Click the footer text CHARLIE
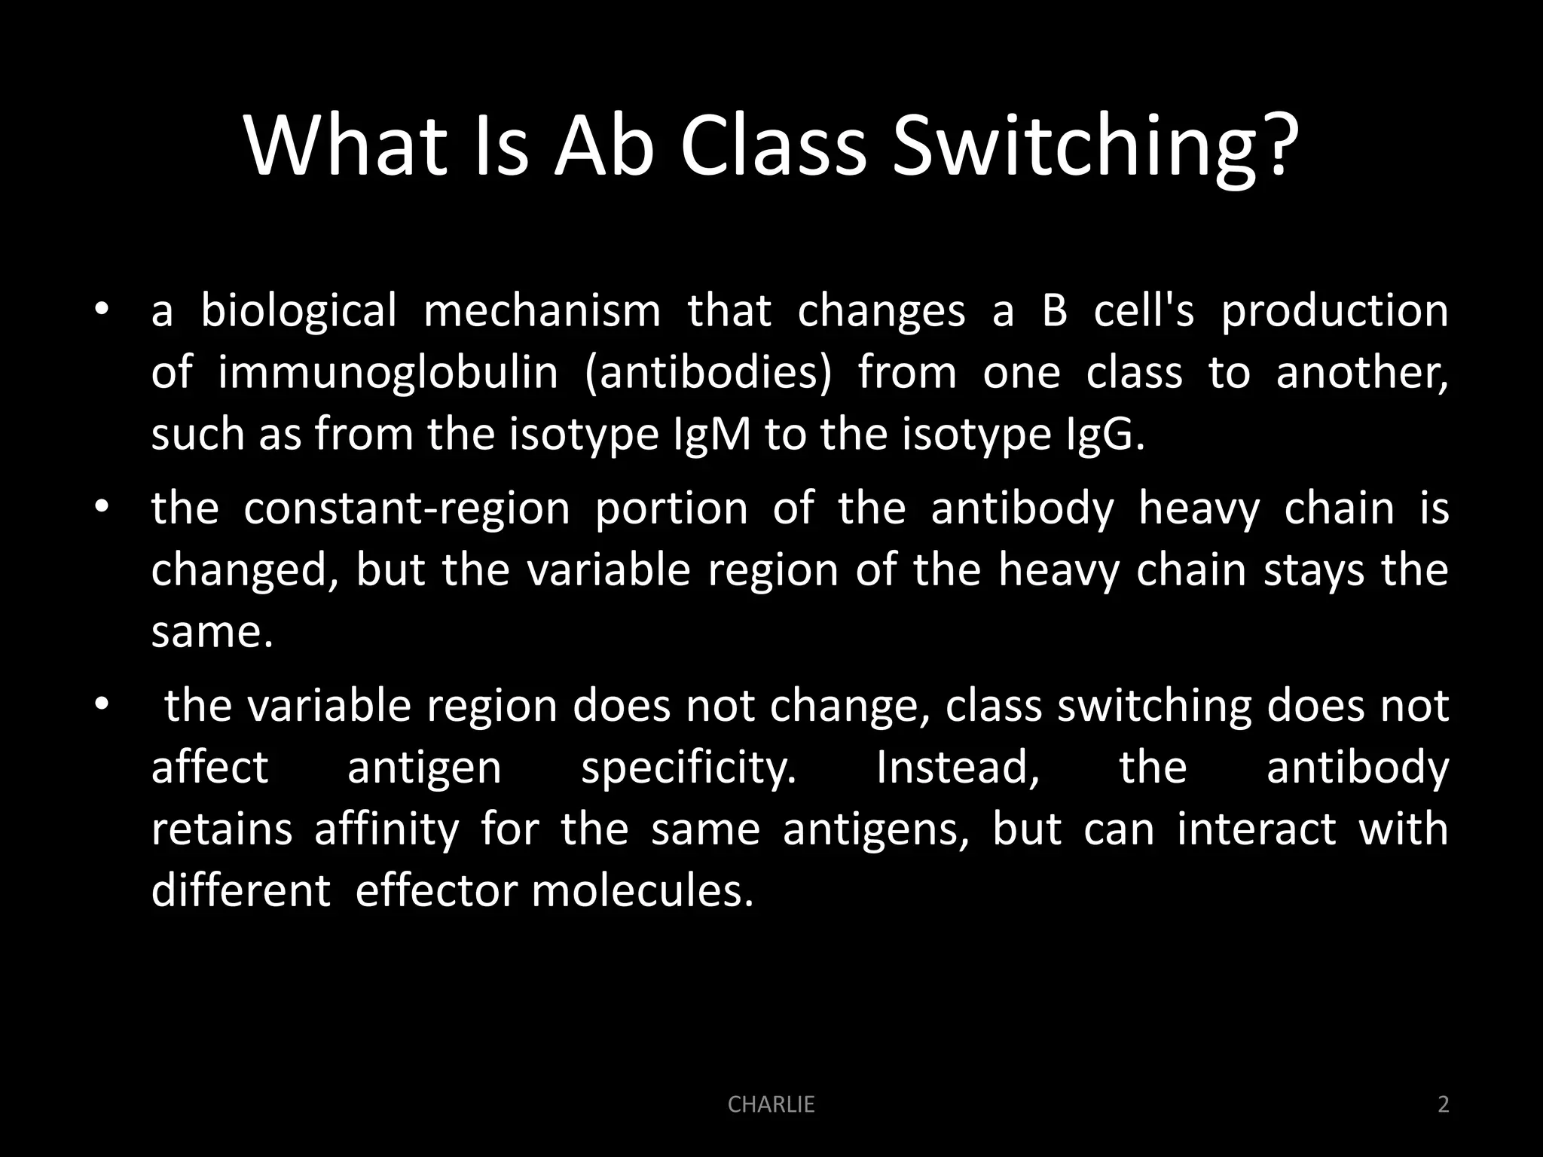(x=771, y=1104)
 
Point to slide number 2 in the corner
(x=1443, y=1104)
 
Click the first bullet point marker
(x=102, y=311)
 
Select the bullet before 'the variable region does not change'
(x=102, y=706)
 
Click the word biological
(x=298, y=311)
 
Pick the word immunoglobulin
(x=388, y=373)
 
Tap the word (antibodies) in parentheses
(x=708, y=373)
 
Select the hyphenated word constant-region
(x=407, y=508)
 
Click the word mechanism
(x=542, y=311)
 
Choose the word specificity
(x=689, y=769)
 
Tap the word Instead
(x=958, y=768)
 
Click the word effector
(x=435, y=891)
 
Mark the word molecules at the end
(x=642, y=891)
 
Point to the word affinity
(x=387, y=829)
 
